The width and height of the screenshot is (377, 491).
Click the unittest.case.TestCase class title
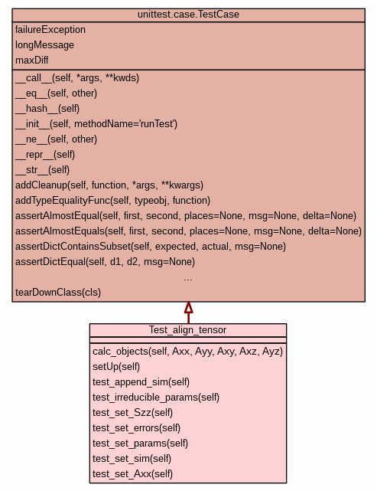[188, 15]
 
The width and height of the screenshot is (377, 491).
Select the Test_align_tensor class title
[187, 330]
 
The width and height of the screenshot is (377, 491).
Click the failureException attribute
[50, 30]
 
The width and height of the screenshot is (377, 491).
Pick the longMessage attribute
[44, 45]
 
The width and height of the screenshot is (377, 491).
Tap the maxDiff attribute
[32, 60]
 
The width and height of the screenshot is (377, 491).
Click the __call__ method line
[77, 78]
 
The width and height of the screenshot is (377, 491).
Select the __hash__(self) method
[47, 109]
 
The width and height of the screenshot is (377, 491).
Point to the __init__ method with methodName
[96, 124]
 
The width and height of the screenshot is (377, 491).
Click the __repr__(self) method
[45, 155]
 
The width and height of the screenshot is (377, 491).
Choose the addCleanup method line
[109, 185]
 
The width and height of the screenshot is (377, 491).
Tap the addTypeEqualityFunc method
[113, 201]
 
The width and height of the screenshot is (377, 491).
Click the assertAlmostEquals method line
[188, 231]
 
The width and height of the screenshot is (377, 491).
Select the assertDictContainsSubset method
[151, 247]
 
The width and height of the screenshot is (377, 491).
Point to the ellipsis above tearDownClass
[188, 280]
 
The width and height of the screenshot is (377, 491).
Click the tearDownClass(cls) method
[58, 293]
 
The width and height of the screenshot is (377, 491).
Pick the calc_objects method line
[187, 352]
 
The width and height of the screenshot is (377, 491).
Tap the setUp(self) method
[116, 367]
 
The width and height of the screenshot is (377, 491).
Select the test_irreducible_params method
[156, 398]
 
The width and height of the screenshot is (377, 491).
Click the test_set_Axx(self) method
[132, 474]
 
